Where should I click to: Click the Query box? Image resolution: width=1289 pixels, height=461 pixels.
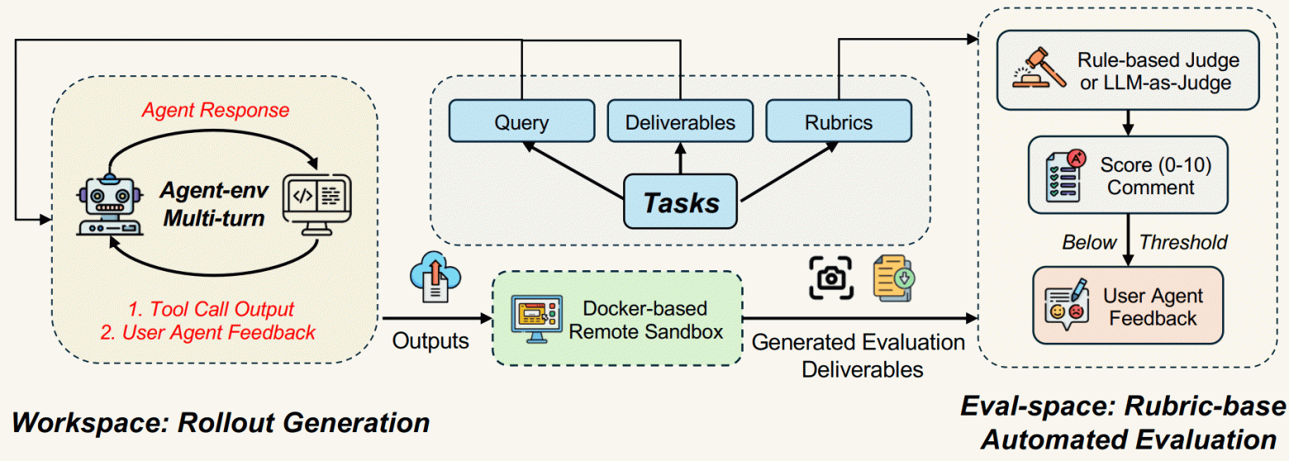click(x=521, y=121)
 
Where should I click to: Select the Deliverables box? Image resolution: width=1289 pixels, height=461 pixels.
click(x=680, y=121)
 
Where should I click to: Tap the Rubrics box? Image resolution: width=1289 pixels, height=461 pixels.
click(x=839, y=121)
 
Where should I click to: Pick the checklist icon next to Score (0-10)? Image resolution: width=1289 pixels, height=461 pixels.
click(x=1061, y=175)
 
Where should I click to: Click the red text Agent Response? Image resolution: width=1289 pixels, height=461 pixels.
click(x=216, y=110)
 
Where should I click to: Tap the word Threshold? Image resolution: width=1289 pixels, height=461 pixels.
click(x=1183, y=242)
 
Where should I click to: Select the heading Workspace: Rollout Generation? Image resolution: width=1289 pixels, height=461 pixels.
click(x=220, y=423)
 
